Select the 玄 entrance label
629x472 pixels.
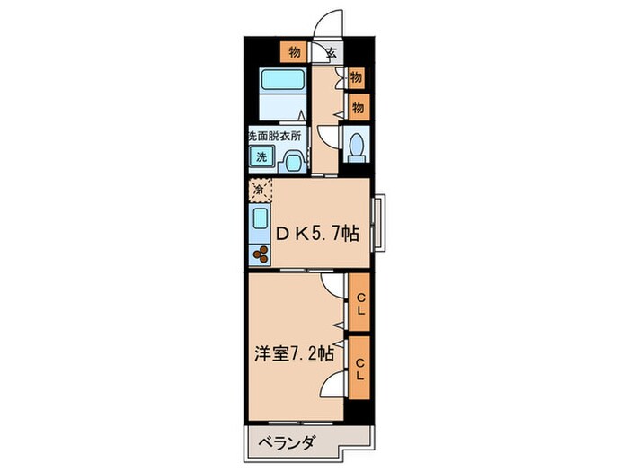(x=331, y=52)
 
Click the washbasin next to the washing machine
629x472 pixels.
(x=292, y=160)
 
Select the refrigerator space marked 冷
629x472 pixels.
(x=259, y=190)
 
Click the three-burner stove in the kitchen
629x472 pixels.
(x=261, y=254)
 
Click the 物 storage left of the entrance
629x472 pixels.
(x=294, y=51)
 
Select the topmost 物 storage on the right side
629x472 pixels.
(x=357, y=78)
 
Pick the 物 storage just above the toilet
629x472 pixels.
(x=357, y=108)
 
